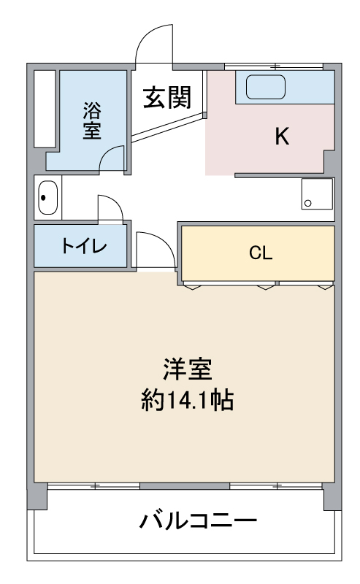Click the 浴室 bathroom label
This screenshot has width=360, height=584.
coord(91,120)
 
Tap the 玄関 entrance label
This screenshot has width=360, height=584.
coord(166,97)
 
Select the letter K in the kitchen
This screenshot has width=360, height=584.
coord(281,137)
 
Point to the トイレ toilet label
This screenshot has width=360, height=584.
coord(83,246)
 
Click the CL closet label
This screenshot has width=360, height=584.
coord(260,253)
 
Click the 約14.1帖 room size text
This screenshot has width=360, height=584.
coord(187,401)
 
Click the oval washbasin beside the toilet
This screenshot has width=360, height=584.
coord(47,197)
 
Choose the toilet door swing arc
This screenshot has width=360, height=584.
coord(110,206)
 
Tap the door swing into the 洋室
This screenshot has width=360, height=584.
coord(155,250)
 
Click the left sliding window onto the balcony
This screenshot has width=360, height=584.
coord(93,485)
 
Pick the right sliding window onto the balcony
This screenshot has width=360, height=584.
coord(275,485)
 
